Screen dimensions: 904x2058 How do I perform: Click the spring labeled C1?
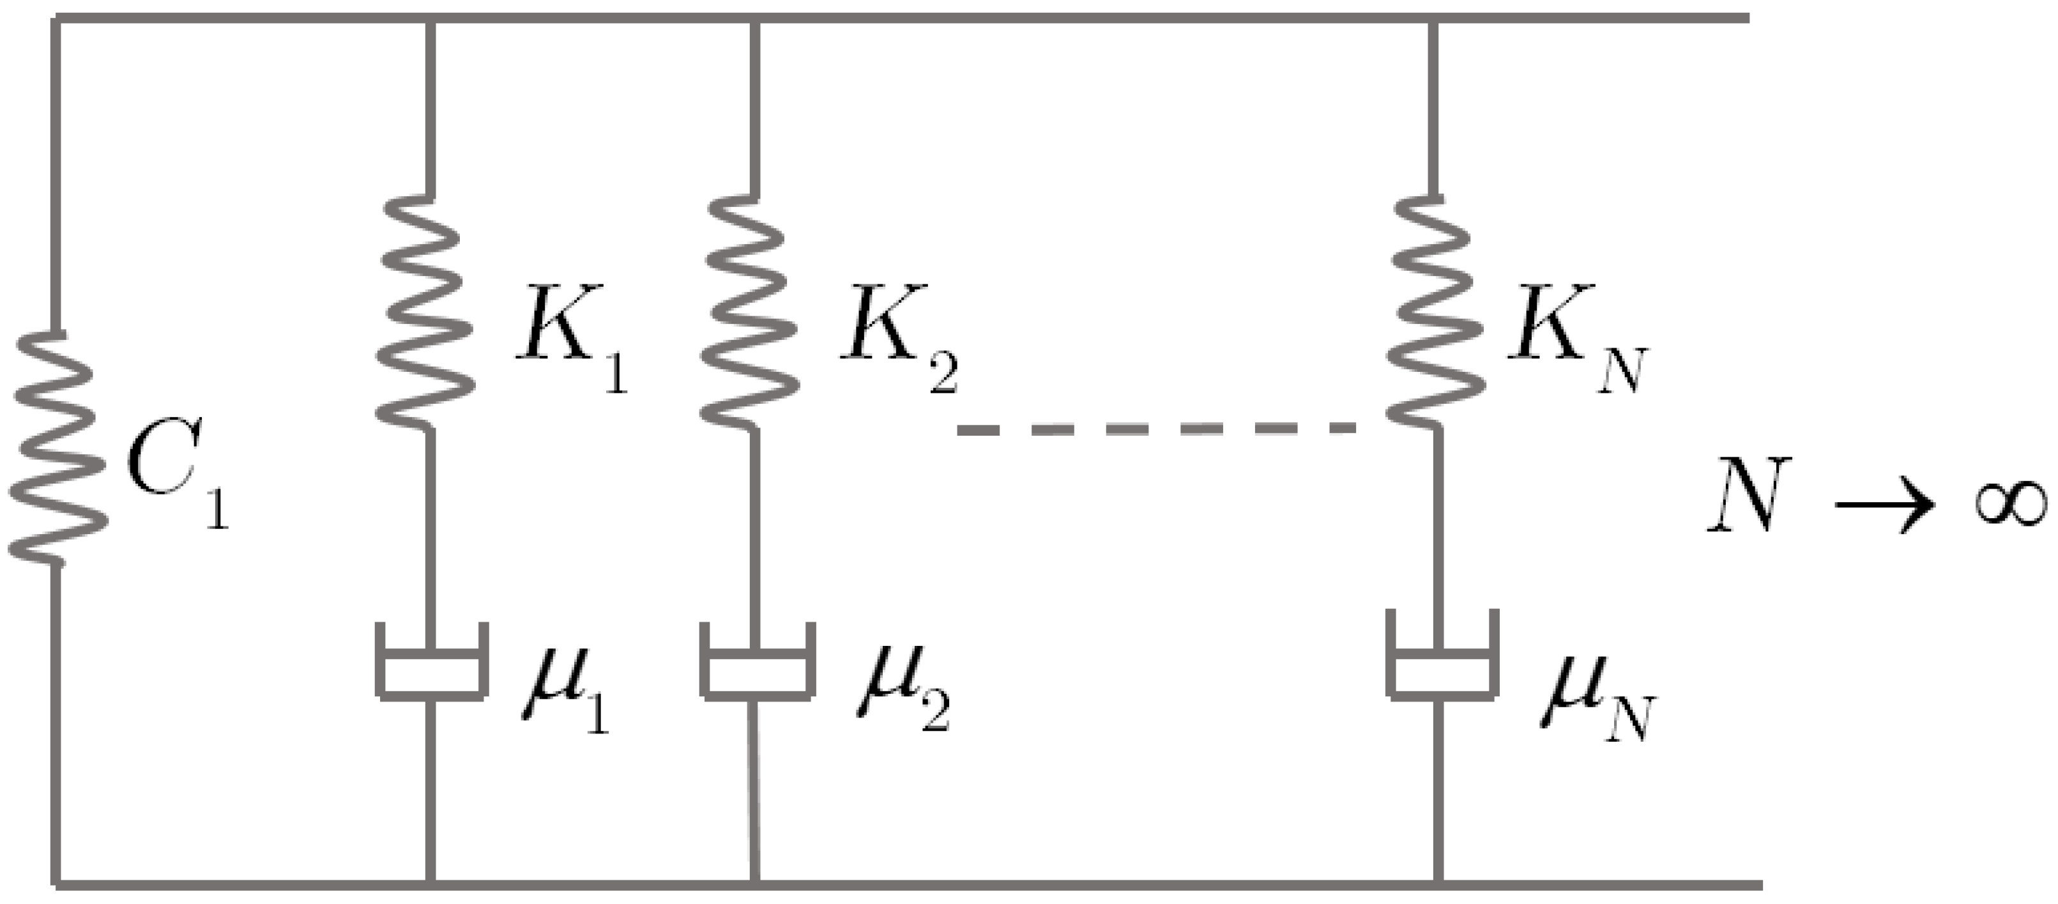57,448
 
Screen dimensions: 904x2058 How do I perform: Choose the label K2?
895,335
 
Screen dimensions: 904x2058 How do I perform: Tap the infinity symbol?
2010,503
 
